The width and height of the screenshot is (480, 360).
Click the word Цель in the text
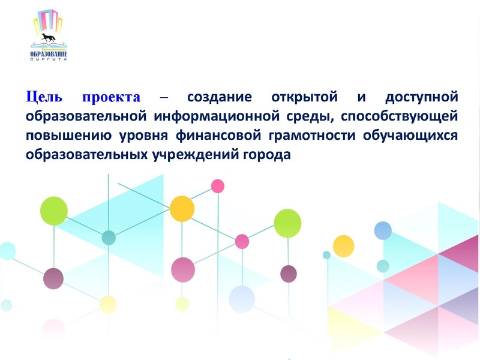coord(43,97)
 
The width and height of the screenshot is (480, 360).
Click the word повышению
coord(61,135)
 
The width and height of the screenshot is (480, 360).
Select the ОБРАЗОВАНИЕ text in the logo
coord(49,55)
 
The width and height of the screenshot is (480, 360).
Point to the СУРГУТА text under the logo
coord(49,60)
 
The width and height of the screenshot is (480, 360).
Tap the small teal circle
coord(109,238)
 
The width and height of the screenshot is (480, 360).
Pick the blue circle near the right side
coord(383,230)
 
